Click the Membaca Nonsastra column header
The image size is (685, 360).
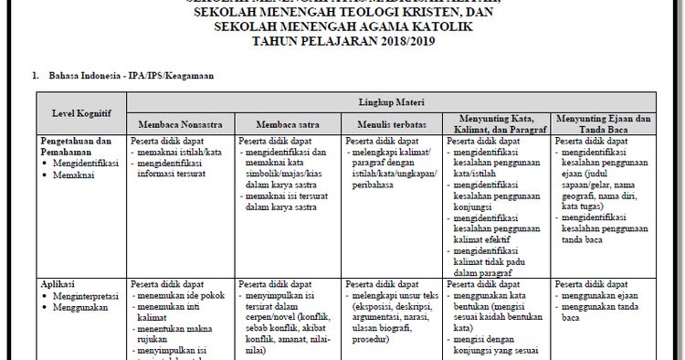click(x=180, y=123)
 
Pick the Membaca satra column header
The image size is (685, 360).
click(x=288, y=123)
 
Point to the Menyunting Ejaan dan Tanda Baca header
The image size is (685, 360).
click(x=603, y=123)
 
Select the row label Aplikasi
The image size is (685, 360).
click(x=57, y=284)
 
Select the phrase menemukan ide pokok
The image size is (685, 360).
click(x=174, y=295)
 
